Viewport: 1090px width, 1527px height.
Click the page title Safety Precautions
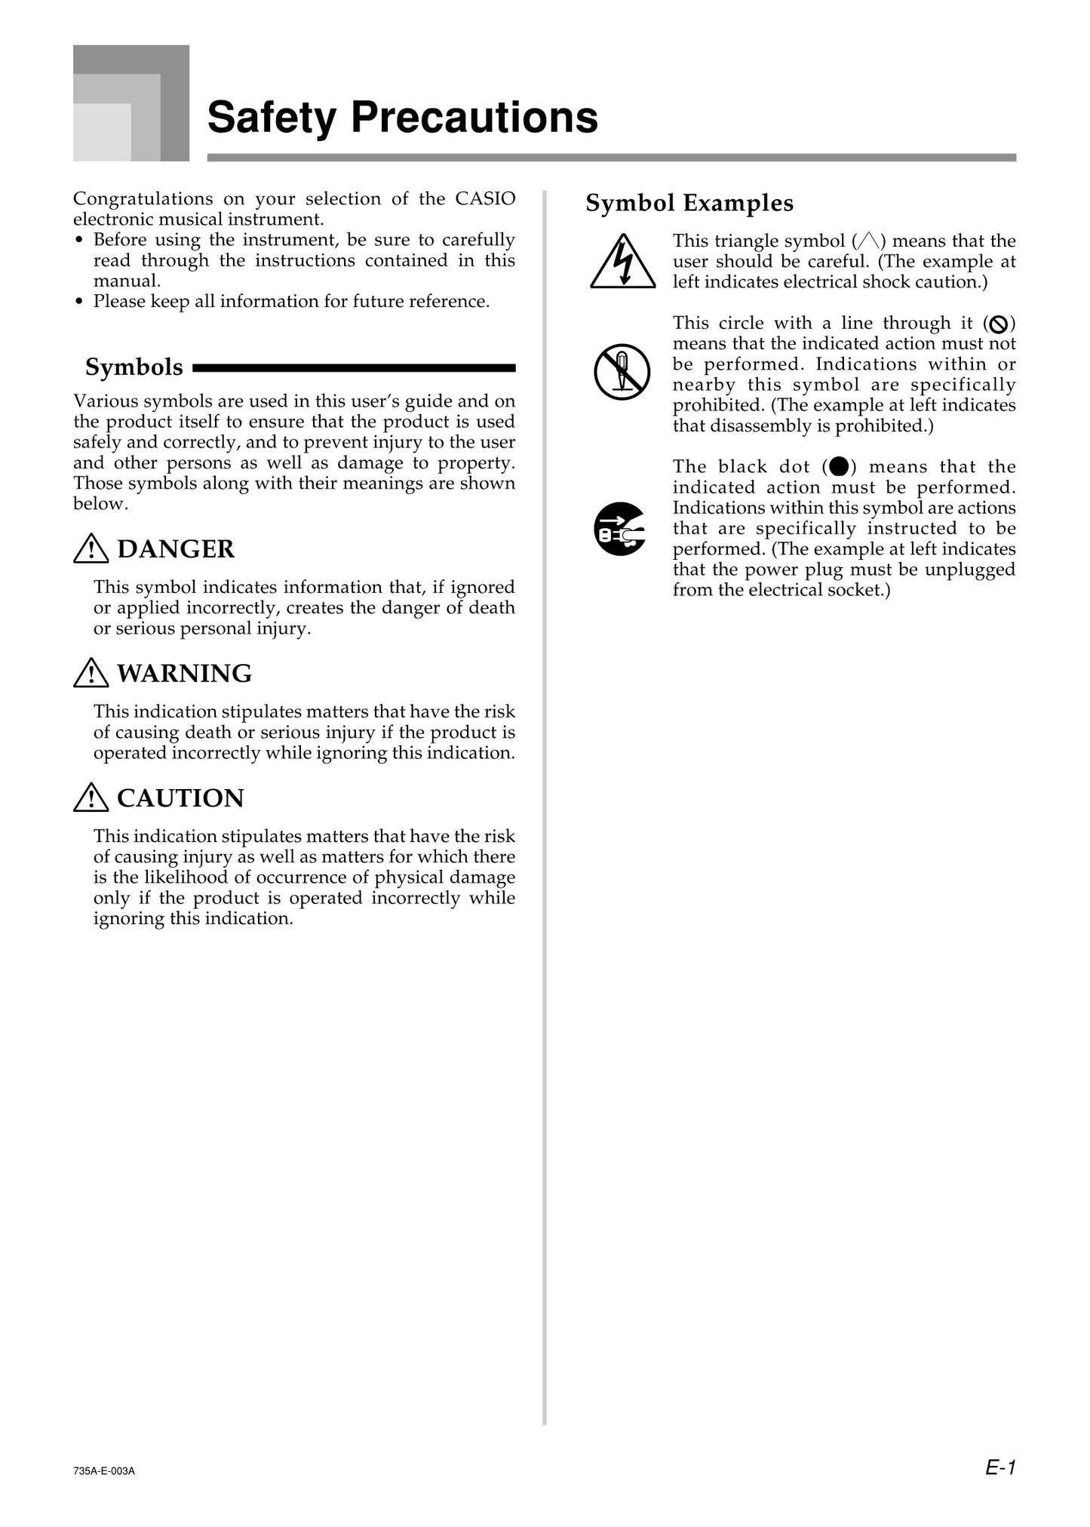pyautogui.click(x=402, y=118)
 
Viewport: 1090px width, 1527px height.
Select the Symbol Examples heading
pyautogui.click(x=689, y=203)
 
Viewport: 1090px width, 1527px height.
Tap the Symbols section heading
pyautogui.click(x=134, y=367)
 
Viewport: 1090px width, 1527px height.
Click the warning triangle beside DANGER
pyautogui.click(x=91, y=548)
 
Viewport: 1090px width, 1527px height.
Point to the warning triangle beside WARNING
pyautogui.click(x=91, y=673)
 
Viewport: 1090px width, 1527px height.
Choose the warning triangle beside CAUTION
pyautogui.click(x=91, y=797)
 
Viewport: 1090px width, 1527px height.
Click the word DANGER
pyautogui.click(x=176, y=548)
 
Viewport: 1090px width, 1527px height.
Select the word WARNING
pyautogui.click(x=185, y=673)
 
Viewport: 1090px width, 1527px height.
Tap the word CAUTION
pyautogui.click(x=181, y=797)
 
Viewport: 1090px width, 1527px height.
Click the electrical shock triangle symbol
pyautogui.click(x=622, y=263)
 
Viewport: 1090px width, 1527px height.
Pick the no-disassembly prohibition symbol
pyautogui.click(x=622, y=372)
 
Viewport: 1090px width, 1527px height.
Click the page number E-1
pyautogui.click(x=1001, y=1467)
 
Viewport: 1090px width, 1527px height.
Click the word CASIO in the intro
pyautogui.click(x=485, y=198)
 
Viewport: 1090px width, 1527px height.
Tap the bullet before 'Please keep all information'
pyautogui.click(x=79, y=303)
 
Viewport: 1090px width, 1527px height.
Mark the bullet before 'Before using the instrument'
pyautogui.click(x=79, y=241)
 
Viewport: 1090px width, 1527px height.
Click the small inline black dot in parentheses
pyautogui.click(x=838, y=466)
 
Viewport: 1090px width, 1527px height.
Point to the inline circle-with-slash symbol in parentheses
pyautogui.click(x=999, y=324)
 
